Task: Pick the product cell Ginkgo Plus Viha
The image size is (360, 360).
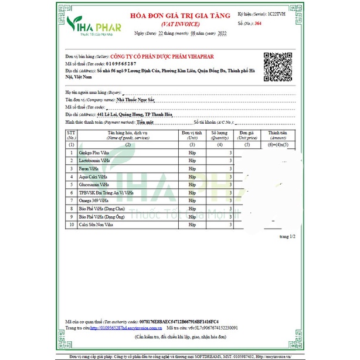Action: (x=94, y=152)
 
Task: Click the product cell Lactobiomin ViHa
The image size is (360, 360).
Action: (x=94, y=160)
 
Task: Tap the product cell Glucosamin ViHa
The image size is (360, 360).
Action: (x=94, y=184)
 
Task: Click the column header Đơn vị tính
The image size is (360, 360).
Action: (x=192, y=135)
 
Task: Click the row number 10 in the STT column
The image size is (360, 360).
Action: (x=72, y=224)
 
